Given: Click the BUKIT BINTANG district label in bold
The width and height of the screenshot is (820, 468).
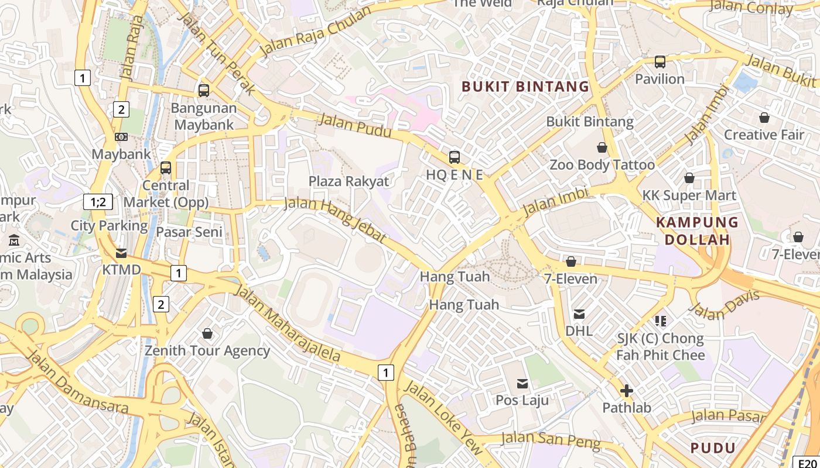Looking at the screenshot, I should click(525, 87).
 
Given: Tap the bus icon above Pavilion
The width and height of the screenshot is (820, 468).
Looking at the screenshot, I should click(660, 61).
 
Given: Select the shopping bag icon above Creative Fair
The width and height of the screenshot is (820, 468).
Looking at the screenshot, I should click(764, 118).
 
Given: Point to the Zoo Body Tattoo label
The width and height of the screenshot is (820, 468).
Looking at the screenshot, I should click(602, 165).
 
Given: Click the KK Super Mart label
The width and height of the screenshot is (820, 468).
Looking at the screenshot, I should click(689, 195).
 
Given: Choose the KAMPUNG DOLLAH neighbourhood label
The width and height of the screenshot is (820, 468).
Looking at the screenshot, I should click(697, 230).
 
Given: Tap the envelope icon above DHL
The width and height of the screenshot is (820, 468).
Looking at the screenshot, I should click(579, 314).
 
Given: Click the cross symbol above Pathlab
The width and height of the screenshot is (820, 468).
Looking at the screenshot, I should click(627, 391).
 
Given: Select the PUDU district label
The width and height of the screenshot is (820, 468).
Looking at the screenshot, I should click(713, 448).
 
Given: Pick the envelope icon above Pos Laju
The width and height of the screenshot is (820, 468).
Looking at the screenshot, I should click(522, 384).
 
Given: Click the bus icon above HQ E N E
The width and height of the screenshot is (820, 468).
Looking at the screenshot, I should click(455, 157).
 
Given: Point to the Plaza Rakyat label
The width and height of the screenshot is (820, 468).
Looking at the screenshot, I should click(348, 181).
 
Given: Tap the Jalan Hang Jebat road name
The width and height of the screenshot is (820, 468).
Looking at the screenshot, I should click(335, 220).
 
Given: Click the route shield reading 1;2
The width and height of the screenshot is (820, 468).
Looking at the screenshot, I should click(98, 202).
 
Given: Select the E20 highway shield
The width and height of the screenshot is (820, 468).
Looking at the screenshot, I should click(806, 462).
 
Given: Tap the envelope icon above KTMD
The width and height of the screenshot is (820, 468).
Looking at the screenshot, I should click(121, 253).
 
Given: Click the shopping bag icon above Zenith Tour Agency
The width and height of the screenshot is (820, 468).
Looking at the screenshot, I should click(207, 333).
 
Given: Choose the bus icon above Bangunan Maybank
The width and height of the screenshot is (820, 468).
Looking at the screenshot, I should click(204, 91).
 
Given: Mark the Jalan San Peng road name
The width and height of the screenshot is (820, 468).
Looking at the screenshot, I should click(551, 440).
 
